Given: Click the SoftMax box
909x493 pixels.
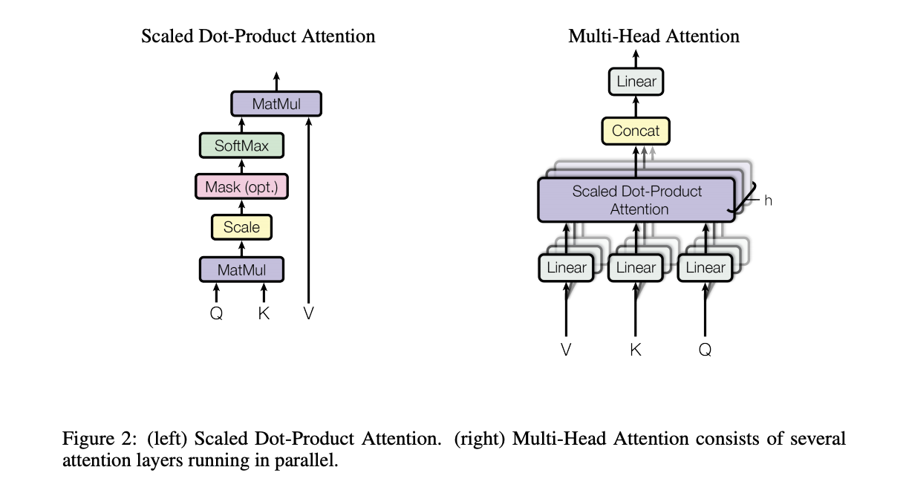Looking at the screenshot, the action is pos(241,146).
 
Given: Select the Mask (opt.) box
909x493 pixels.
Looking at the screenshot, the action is pos(241,186).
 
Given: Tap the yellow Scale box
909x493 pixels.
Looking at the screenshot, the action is pos(241,227).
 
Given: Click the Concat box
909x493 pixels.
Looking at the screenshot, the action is pos(636,131).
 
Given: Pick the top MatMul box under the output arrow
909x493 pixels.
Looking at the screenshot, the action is pos(276,104).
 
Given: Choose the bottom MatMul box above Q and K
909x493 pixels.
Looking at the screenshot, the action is pos(241,270).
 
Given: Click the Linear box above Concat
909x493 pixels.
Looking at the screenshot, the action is pos(636,82).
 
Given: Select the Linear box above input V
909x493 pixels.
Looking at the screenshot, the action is pos(566,268).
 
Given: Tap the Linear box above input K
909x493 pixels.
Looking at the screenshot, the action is pos(636,268).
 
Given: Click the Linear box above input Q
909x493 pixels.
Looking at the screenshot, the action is pos(706,268).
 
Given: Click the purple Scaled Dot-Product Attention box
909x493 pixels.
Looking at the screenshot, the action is pos(636,200).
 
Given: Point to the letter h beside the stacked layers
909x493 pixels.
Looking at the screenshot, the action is pos(768,200).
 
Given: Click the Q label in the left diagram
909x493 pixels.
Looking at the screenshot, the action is pos(216,313).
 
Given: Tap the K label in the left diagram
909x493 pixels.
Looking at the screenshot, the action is pos(264,313).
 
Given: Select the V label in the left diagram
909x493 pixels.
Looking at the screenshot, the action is pos(308,313).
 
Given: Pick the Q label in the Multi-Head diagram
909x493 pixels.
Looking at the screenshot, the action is pos(706,350).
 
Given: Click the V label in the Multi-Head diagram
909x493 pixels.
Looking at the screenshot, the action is pos(566,350).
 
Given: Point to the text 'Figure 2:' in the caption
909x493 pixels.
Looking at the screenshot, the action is pos(100,439).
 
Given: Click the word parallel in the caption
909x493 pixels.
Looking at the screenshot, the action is pos(307,460).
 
